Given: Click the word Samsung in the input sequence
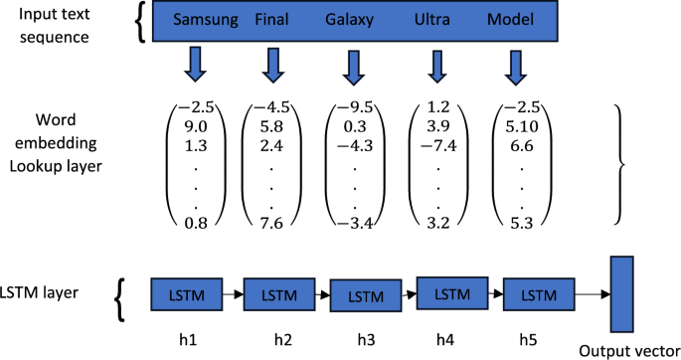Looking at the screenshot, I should [x=206, y=20].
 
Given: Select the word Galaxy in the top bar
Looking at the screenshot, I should [x=351, y=20].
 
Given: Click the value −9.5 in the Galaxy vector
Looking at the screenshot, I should [x=353, y=108].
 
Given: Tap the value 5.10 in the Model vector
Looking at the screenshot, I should [x=521, y=126].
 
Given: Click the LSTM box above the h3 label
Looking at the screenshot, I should [x=365, y=295].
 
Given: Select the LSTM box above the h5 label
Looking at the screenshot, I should [x=539, y=294].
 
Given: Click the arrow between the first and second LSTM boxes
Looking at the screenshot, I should [x=231, y=294].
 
